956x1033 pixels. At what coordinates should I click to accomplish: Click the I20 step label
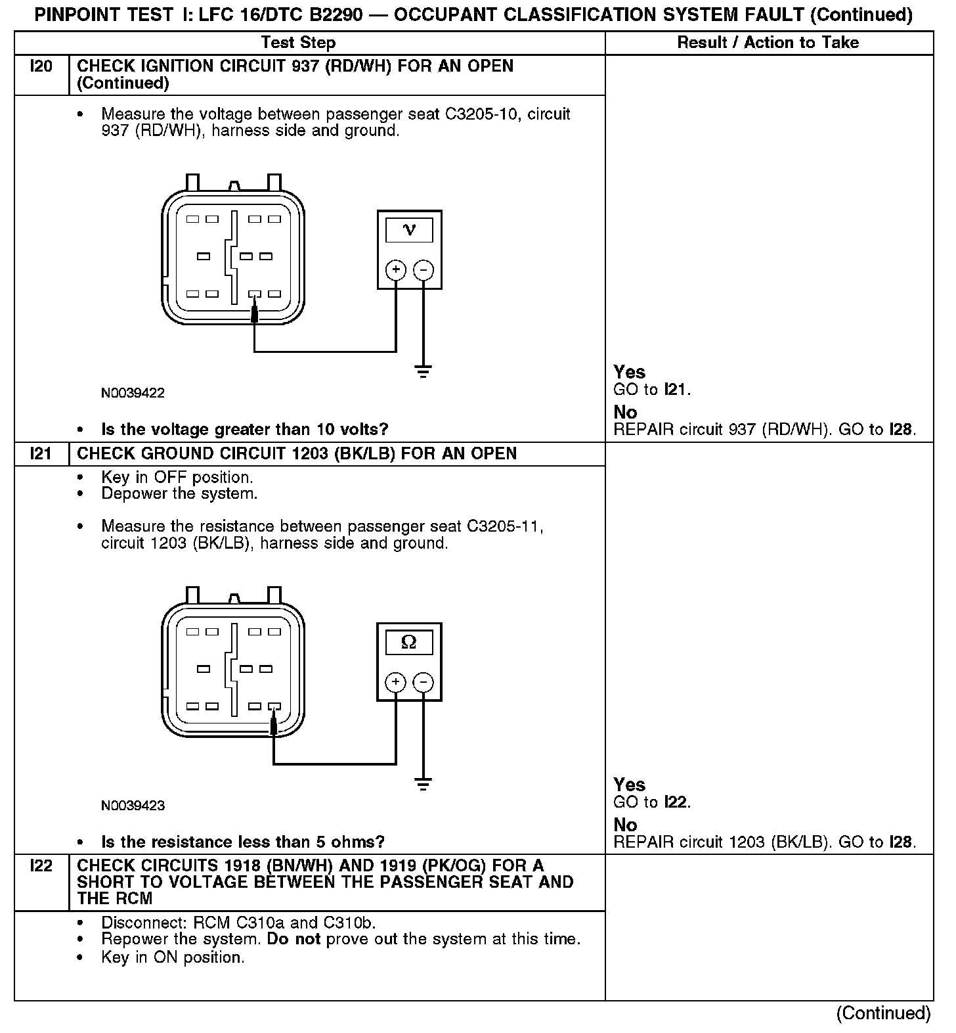coord(41,66)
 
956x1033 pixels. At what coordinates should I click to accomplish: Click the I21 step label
coord(41,454)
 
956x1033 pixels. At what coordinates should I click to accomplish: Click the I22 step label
coord(41,866)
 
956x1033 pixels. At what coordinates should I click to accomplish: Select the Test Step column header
coord(298,43)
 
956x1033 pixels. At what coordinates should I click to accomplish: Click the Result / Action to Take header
coord(768,43)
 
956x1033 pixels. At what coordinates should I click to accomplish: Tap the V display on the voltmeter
coord(409,230)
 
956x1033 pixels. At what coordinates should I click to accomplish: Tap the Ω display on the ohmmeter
coord(409,642)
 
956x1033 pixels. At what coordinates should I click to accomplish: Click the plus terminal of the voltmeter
coord(395,269)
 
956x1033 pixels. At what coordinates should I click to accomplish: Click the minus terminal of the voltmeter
coord(424,269)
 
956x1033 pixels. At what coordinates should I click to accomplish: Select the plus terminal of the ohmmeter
coord(395,682)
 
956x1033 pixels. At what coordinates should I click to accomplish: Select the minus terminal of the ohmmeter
coord(424,682)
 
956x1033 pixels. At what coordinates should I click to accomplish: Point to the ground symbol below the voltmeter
coord(424,372)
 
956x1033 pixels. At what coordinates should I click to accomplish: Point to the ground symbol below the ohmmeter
coord(424,784)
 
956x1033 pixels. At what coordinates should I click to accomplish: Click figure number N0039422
coord(133,394)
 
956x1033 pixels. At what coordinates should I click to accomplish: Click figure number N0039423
coord(133,806)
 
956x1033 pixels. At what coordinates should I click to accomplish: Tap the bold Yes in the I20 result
coord(629,372)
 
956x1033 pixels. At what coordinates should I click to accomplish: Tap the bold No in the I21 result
coord(625,825)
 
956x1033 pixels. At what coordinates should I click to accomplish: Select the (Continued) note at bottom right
coord(883,1013)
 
